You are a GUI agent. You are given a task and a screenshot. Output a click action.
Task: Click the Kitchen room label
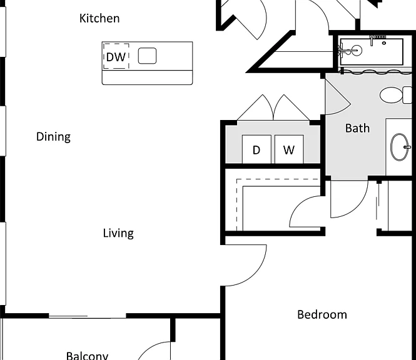click(99, 19)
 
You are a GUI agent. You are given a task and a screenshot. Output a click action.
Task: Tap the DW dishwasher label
click(116, 57)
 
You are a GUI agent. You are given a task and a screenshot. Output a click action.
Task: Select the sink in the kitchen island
click(147, 56)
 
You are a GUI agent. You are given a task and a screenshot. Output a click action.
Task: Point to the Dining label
click(53, 137)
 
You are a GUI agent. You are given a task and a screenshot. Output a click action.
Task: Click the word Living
click(118, 233)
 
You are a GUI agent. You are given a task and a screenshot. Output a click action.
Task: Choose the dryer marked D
click(256, 149)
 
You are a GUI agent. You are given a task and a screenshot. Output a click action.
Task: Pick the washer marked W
click(289, 149)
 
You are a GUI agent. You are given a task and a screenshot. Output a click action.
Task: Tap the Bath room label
click(357, 128)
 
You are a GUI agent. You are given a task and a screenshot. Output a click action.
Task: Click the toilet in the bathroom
click(396, 94)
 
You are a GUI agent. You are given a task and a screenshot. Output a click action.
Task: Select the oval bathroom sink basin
click(400, 147)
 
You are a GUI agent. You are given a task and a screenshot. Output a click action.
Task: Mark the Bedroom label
click(322, 314)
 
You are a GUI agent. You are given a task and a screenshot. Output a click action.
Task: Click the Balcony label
click(88, 356)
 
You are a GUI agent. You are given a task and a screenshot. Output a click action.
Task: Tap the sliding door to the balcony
click(88, 316)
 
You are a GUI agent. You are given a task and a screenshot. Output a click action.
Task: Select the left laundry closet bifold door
click(255, 107)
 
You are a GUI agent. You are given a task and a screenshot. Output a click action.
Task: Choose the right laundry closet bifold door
click(292, 107)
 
